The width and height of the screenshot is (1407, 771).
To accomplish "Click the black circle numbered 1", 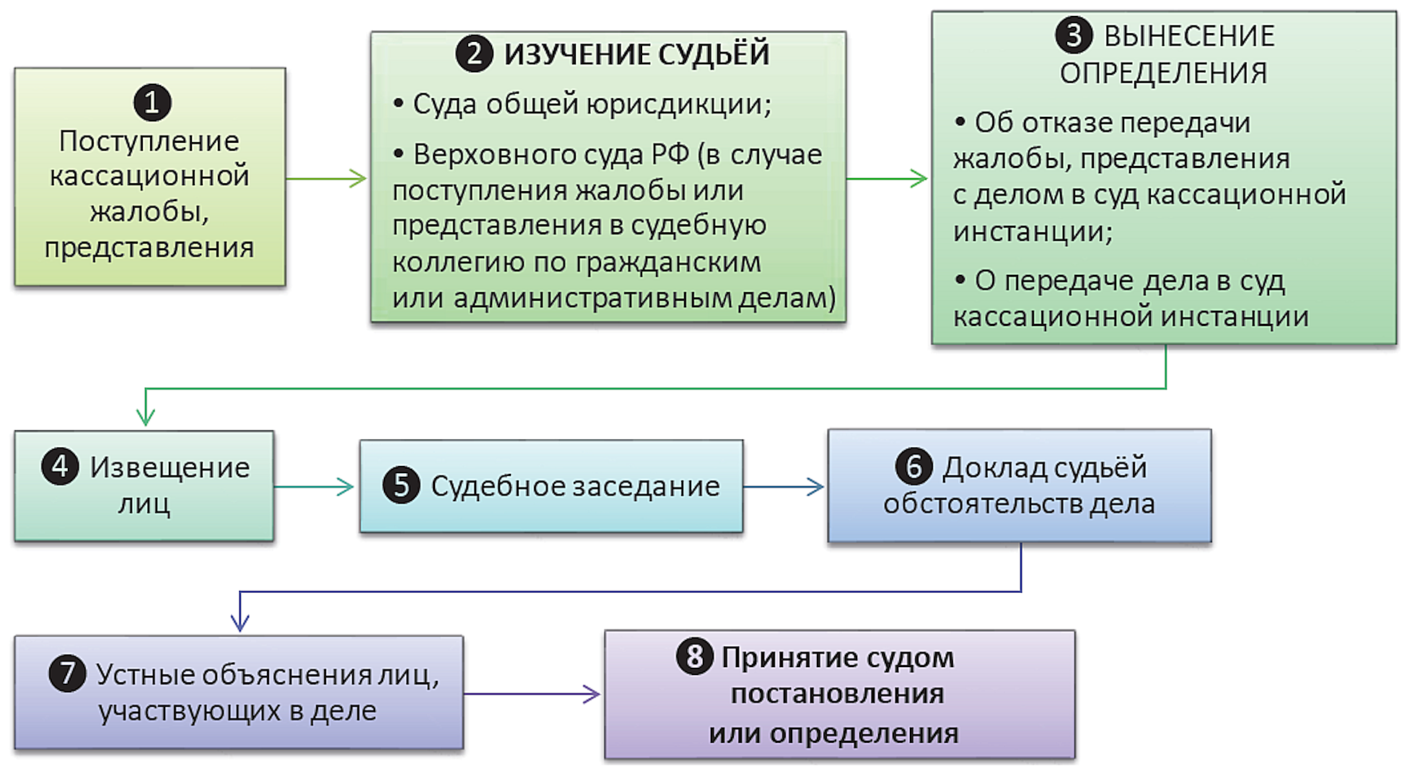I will (x=152, y=102).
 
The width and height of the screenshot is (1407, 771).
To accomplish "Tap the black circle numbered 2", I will (x=474, y=54).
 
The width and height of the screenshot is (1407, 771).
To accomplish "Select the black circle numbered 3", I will (x=1074, y=35).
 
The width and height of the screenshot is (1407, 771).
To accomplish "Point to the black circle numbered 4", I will (x=61, y=466).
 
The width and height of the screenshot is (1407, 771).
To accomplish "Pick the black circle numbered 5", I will (x=401, y=485).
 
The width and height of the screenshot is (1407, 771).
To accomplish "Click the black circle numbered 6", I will (x=913, y=467).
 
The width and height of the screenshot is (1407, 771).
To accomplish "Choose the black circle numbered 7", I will (x=67, y=674).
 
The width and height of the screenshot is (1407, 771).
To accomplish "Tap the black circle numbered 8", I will (x=695, y=656).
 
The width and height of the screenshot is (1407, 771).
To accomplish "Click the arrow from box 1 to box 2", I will (x=327, y=178).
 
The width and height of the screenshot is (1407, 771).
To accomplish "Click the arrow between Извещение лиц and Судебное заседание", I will (x=315, y=487).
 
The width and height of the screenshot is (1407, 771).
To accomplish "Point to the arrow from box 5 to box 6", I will (x=784, y=487).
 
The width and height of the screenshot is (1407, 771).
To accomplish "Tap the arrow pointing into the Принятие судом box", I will (x=532, y=694).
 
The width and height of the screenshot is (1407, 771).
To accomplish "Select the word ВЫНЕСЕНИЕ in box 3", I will (x=1189, y=36).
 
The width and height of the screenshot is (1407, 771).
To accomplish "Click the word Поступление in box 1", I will (x=149, y=141).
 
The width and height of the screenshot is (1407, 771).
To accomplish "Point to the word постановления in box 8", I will (x=837, y=694).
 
